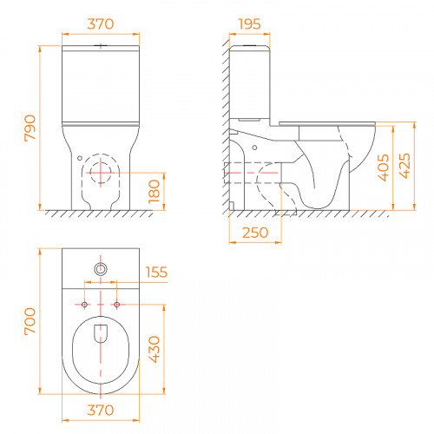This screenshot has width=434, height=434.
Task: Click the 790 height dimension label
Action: (30, 128)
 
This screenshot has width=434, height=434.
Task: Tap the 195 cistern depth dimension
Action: (250, 24)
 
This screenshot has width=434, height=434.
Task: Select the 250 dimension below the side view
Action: (255, 233)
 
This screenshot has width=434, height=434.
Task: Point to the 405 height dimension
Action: (384, 168)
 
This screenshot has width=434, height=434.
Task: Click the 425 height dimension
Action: (404, 166)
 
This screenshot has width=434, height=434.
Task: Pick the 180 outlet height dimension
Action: (154, 192)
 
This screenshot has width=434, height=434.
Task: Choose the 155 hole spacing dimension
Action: (156, 273)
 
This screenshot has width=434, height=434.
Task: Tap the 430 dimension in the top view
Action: (154, 349)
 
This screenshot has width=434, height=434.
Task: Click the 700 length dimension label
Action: (30, 321)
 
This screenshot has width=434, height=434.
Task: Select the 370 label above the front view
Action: (101, 24)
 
